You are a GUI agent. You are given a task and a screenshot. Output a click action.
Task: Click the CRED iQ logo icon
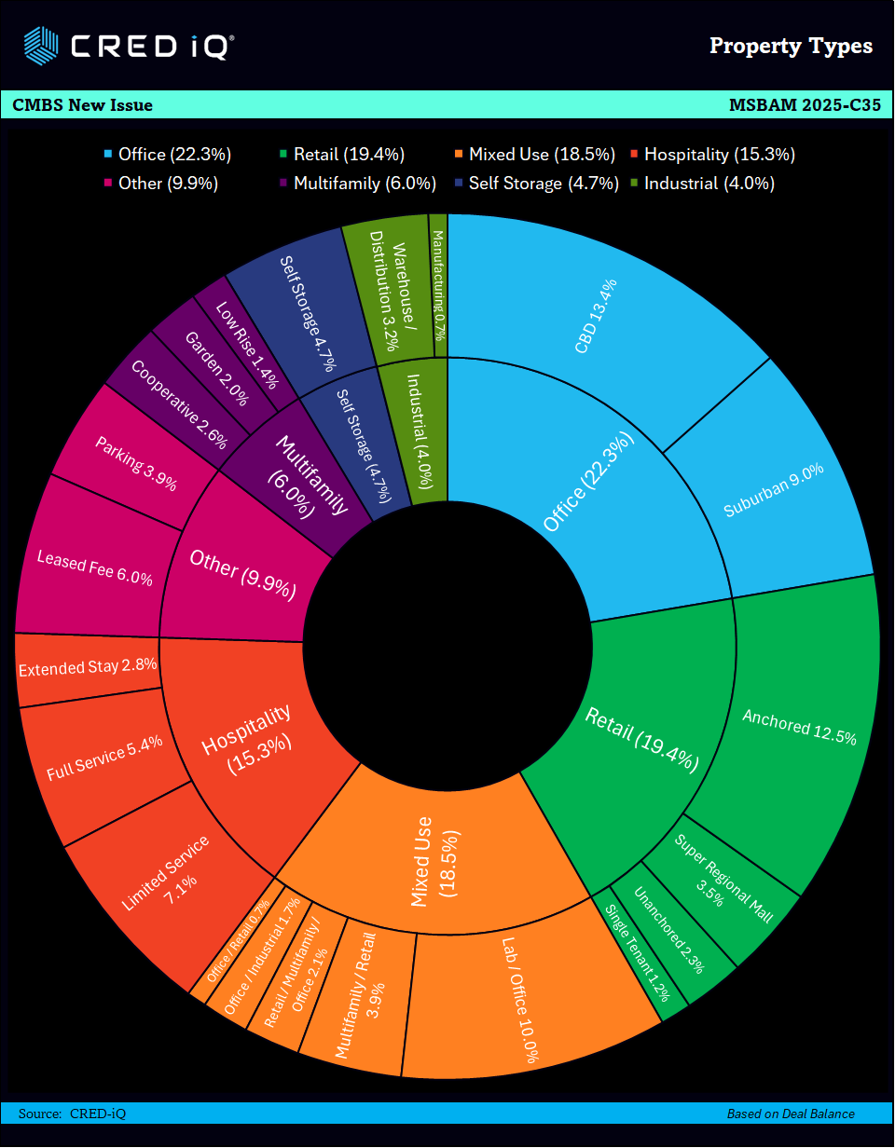coord(41,44)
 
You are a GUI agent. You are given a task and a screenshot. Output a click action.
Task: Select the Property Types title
coord(791,46)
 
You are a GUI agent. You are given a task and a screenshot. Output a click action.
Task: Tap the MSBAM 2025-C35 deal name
coord(805,105)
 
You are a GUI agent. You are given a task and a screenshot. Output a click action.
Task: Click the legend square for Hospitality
coord(634,155)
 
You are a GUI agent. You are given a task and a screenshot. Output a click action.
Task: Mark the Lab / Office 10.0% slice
coord(522,1006)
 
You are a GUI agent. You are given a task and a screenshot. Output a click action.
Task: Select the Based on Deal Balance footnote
coord(791,1114)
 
